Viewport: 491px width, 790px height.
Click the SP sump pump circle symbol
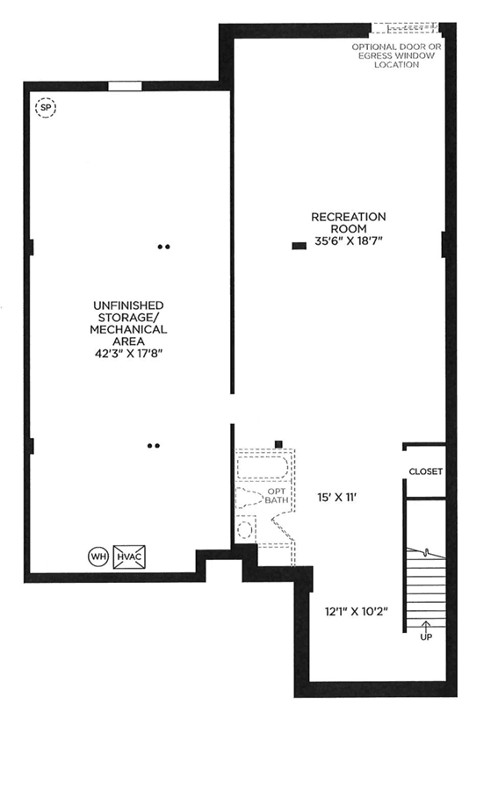46,107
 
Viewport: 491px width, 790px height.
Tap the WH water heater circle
97,557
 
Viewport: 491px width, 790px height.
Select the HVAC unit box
129,557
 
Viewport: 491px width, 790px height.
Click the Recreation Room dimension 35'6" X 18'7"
349,241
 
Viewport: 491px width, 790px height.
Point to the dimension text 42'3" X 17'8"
128,354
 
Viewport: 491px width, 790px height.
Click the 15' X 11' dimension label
337,498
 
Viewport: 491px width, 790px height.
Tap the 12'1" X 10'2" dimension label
357,612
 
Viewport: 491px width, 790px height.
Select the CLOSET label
425,471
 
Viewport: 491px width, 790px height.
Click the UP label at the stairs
426,637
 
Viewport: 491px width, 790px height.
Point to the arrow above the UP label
426,626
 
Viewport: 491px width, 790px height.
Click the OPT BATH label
277,496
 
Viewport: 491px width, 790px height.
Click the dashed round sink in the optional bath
246,530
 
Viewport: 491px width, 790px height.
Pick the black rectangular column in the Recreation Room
299,246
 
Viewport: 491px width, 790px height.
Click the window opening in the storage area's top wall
125,86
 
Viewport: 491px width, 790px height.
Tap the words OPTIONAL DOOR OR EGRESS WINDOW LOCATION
396,55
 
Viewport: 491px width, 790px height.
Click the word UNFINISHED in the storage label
128,305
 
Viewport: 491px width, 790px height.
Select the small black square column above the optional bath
278,444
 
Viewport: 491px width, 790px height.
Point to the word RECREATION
349,217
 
